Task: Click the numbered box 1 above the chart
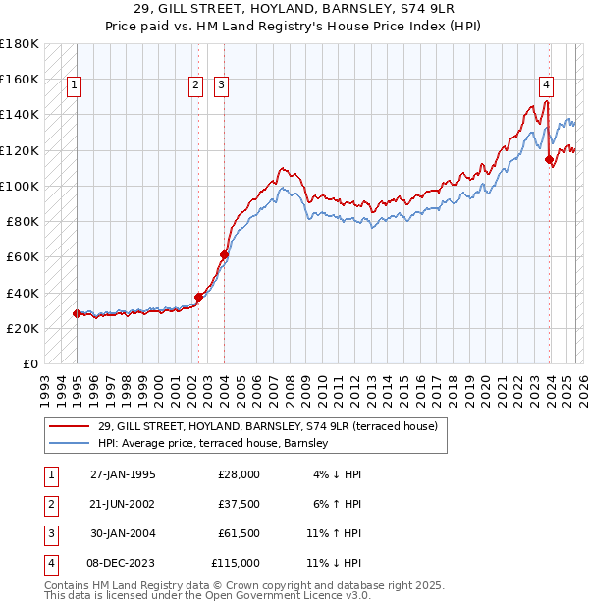tap(75, 86)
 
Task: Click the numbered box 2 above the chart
tap(196, 86)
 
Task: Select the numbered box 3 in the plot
tap(221, 86)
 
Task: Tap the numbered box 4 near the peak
tap(546, 86)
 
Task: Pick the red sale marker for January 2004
tap(225, 254)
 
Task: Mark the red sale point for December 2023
tap(549, 159)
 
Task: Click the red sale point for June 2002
tap(198, 297)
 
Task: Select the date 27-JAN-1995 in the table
tap(123, 474)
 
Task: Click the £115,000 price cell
tap(237, 563)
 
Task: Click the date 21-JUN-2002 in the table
tap(123, 504)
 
